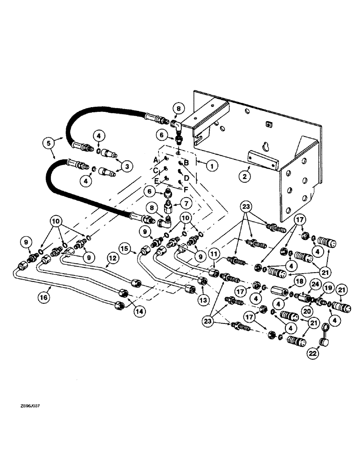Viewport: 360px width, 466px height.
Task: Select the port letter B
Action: [186, 163]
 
